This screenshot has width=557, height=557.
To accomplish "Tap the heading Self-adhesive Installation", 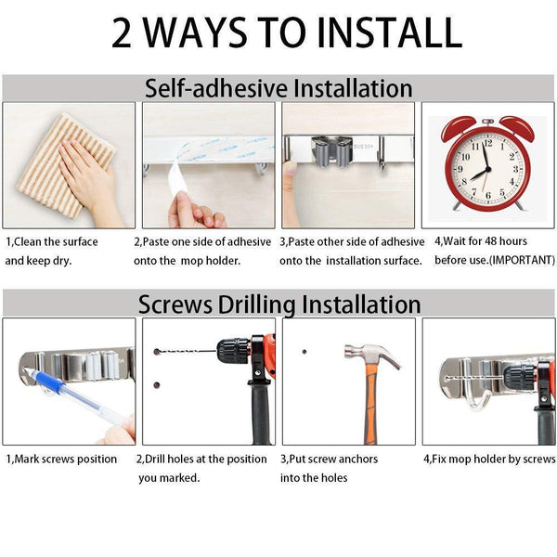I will click(x=278, y=88).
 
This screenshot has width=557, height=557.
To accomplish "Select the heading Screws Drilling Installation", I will click(x=278, y=304).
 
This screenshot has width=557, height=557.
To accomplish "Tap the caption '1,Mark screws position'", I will click(x=61, y=459).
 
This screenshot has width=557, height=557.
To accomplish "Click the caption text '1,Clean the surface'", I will click(x=51, y=241).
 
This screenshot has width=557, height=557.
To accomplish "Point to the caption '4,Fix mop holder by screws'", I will click(x=489, y=459).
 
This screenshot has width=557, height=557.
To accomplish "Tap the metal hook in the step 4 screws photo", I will click(x=479, y=399).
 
